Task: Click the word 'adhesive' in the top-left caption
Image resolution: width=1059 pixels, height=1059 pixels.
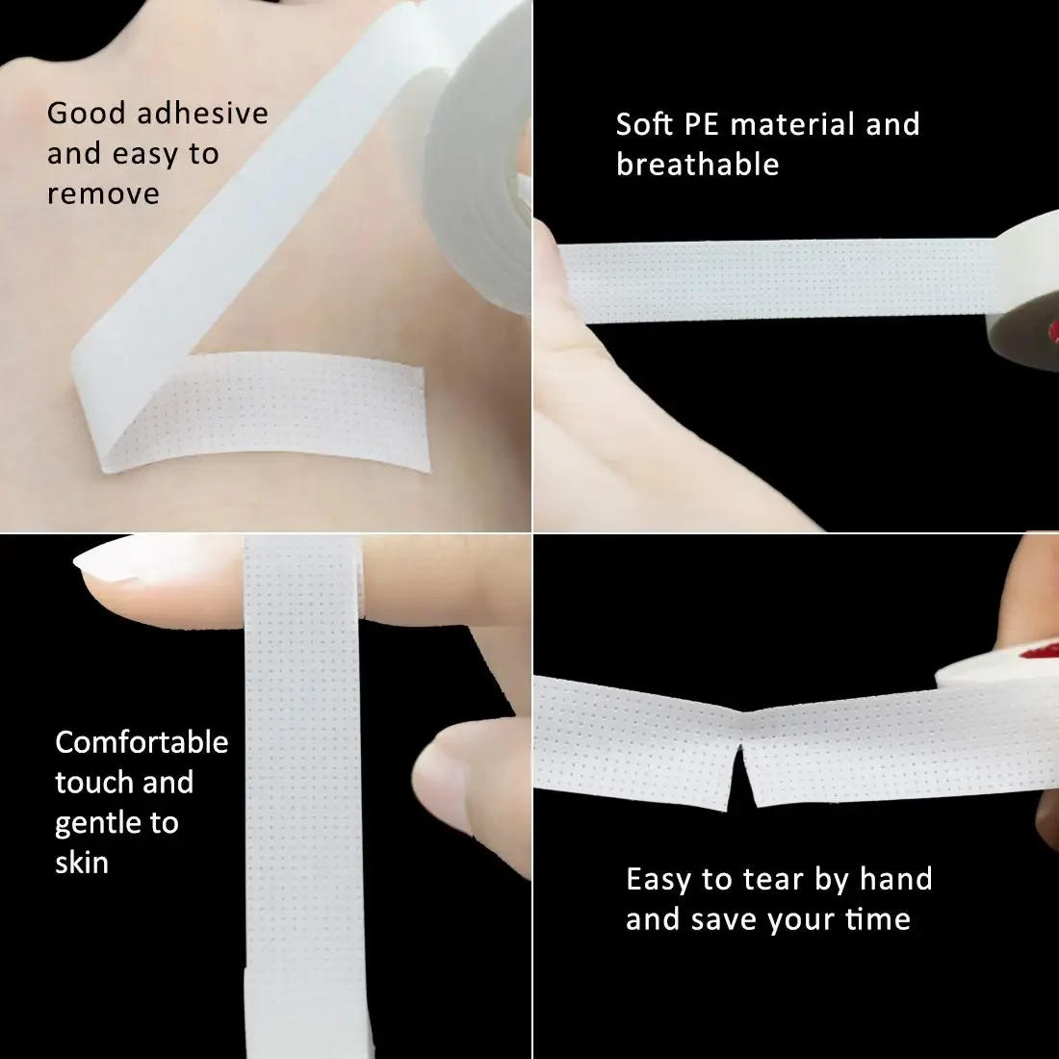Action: (x=202, y=113)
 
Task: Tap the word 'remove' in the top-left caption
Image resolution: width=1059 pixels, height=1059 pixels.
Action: (x=103, y=194)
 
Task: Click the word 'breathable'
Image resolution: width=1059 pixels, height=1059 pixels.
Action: (x=697, y=165)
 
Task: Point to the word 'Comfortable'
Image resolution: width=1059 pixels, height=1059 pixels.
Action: (x=142, y=742)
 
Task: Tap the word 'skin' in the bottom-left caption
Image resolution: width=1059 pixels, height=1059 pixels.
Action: (x=81, y=863)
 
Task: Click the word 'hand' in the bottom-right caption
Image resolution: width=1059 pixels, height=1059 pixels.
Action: (x=895, y=879)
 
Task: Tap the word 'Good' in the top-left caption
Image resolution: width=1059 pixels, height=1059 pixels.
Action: (x=87, y=113)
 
